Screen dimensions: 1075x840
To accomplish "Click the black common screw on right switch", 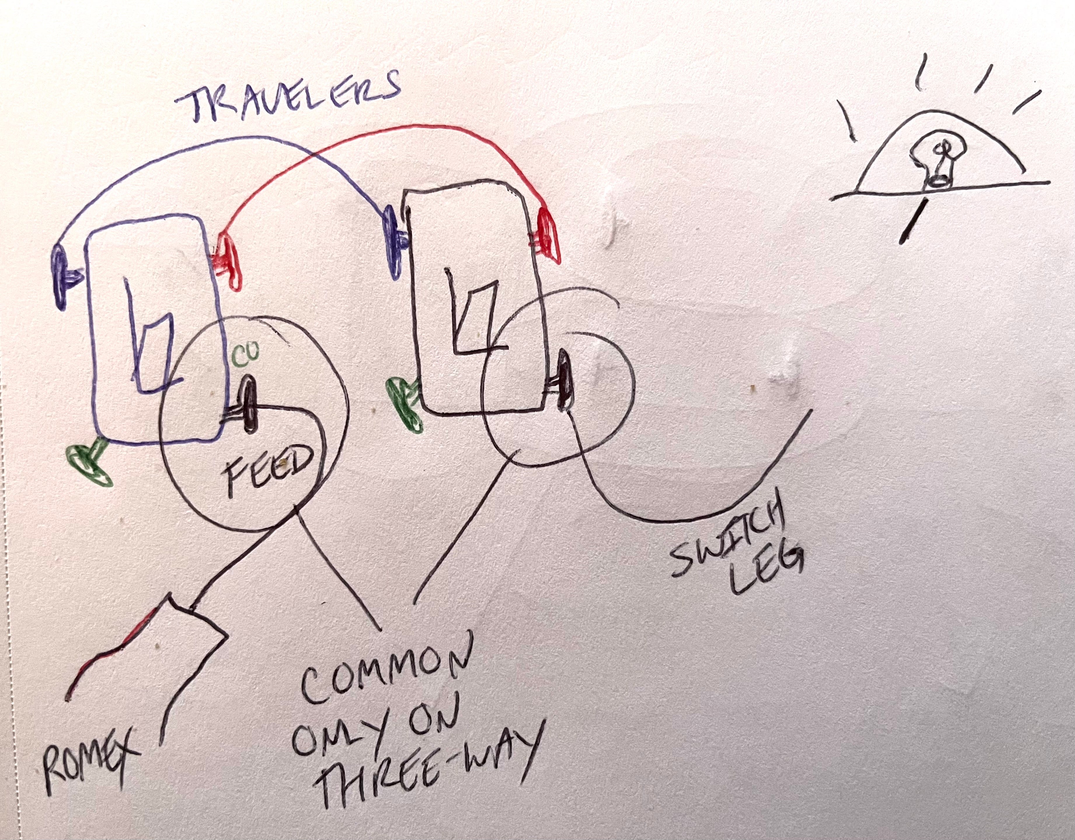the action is (x=564, y=379).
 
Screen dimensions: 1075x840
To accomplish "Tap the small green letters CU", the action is (x=242, y=356).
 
